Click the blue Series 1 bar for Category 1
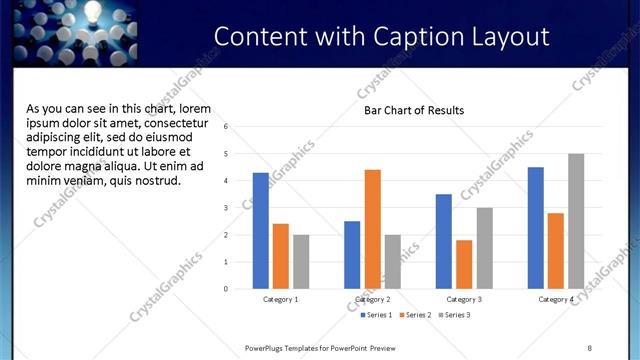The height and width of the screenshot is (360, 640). point(261,231)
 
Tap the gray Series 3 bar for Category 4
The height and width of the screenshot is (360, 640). point(576,221)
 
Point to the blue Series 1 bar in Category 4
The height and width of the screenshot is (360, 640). point(536,228)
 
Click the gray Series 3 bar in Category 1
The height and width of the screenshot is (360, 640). point(301,262)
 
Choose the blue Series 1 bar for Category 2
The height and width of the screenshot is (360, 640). point(352,255)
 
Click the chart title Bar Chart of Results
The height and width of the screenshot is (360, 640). point(413,110)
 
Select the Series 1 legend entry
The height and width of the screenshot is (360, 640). point(376,315)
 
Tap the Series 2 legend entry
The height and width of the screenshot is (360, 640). point(415,315)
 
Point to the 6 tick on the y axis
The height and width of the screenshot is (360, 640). point(227,127)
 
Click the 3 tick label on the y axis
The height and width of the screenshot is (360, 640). point(227,208)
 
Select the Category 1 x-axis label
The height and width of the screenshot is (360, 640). point(281,299)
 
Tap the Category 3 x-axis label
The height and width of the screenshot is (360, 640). point(464,299)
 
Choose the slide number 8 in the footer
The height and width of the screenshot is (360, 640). point(589,347)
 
